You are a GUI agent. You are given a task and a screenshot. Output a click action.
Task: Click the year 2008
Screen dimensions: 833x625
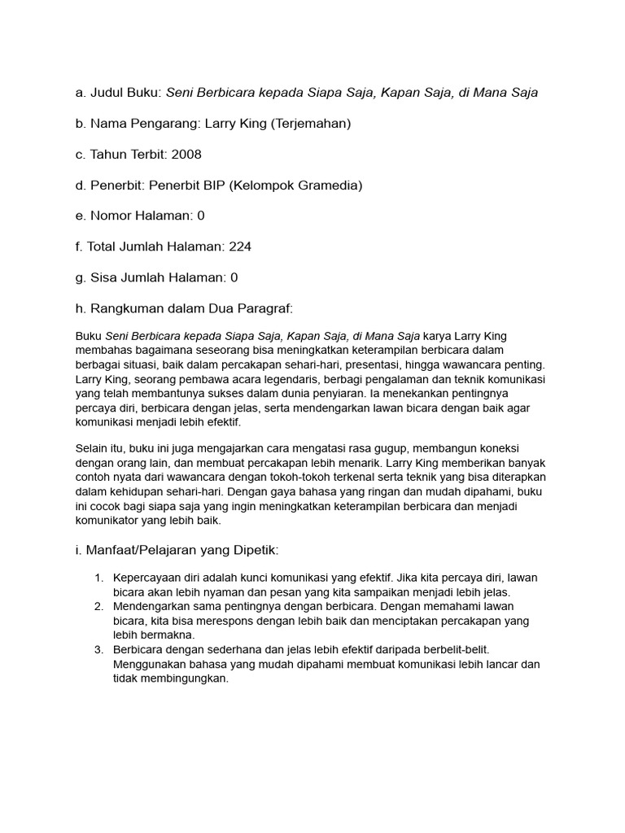[x=186, y=155]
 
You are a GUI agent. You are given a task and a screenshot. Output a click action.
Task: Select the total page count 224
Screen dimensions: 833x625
[x=241, y=246]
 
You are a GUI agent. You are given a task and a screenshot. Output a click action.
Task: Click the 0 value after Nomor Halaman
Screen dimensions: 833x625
[x=201, y=216]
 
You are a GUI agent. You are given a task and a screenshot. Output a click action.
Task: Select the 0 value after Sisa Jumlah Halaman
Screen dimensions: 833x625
[x=234, y=277]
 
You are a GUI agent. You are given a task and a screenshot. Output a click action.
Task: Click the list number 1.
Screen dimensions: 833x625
[x=98, y=578]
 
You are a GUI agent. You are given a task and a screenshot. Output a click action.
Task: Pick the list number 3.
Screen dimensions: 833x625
[x=98, y=650]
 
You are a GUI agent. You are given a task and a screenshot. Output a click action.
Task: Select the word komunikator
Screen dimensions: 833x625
[x=108, y=521]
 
